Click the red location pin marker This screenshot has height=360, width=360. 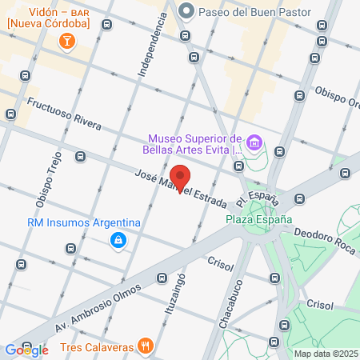pyautogui.click(x=181, y=178)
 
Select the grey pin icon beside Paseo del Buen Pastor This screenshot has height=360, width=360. pyautogui.click(x=186, y=10)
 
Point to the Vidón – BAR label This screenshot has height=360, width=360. pyautogui.click(x=58, y=12)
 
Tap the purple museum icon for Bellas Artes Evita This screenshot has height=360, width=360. pyautogui.click(x=254, y=143)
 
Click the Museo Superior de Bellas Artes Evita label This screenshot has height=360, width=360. pyautogui.click(x=192, y=142)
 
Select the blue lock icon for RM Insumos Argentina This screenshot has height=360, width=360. pyautogui.click(x=118, y=239)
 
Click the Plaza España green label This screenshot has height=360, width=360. pyautogui.click(x=258, y=219)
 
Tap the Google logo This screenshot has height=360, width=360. pyautogui.click(x=26, y=350)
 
